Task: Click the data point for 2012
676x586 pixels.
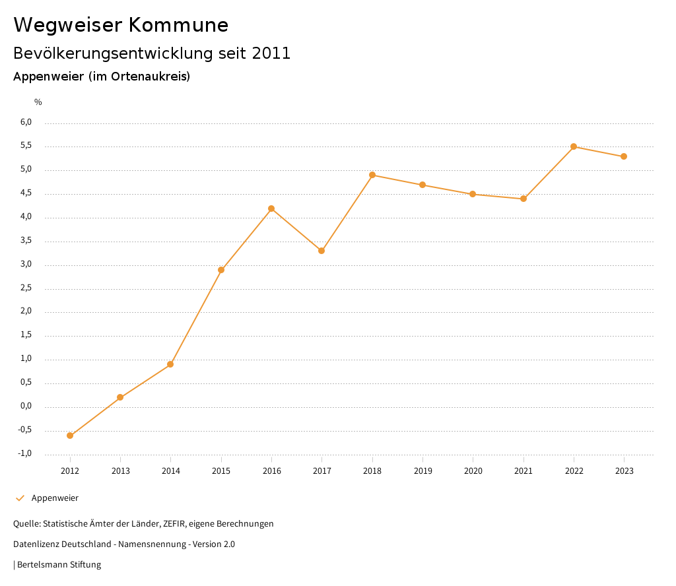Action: (70, 436)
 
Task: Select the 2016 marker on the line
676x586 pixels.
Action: (271, 209)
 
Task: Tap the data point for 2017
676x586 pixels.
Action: (321, 251)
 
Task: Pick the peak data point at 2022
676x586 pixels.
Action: (574, 146)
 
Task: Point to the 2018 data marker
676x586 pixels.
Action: (372, 175)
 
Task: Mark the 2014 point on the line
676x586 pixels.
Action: (170, 364)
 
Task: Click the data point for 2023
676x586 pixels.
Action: (624, 156)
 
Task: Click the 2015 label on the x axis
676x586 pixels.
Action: (221, 471)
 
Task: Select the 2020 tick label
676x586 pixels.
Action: (473, 471)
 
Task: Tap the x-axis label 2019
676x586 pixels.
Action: (422, 471)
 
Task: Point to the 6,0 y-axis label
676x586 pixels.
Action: (26, 122)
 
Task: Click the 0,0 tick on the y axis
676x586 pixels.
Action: (26, 406)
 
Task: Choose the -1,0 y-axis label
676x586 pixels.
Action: (25, 453)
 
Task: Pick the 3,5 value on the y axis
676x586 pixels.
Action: (26, 240)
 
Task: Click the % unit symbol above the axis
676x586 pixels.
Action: (38, 102)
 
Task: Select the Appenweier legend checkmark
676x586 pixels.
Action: (20, 498)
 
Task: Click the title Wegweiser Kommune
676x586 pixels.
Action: (121, 24)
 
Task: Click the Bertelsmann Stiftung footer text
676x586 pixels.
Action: (59, 564)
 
